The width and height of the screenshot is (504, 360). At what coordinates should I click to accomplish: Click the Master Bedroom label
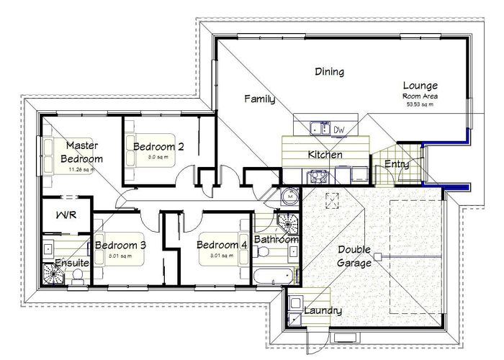81,152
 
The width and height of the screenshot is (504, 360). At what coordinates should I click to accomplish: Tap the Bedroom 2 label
158,146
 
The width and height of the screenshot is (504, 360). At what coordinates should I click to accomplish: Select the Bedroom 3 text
121,245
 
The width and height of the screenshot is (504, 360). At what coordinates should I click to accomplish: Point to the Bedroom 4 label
222,245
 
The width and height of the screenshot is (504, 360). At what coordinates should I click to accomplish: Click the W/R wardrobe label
67,214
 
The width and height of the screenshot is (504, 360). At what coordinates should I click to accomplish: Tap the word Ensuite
72,264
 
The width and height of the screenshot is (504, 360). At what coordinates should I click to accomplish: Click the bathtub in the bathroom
274,276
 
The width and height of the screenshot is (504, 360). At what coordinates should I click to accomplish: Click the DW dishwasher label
340,130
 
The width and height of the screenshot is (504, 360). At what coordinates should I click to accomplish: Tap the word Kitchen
325,155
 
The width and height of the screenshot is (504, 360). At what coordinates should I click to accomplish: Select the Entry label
397,164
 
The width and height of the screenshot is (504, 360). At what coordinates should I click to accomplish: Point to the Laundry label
323,311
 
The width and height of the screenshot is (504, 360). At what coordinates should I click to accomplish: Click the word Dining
329,72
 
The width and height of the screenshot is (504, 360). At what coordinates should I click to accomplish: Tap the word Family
259,99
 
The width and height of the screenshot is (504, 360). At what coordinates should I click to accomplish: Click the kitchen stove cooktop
316,176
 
